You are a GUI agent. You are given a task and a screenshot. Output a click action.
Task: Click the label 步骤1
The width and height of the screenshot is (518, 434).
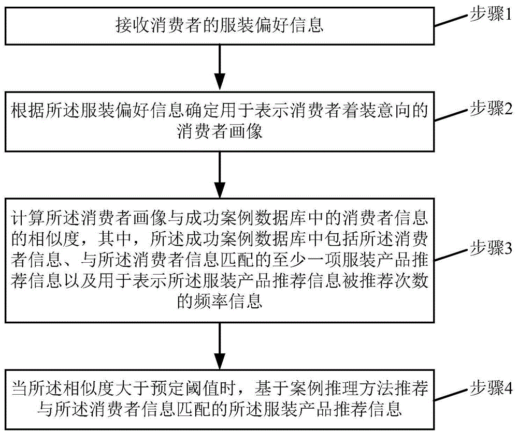tap(491, 14)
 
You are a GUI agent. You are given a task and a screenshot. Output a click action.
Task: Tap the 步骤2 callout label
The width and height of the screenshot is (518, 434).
tap(491, 108)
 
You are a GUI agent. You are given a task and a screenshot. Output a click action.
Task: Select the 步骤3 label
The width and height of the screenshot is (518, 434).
tap(491, 248)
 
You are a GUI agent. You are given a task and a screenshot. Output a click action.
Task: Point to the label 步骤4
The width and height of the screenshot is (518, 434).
tap(491, 388)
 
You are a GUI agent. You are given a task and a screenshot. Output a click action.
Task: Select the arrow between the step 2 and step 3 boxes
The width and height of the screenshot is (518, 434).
tap(220, 174)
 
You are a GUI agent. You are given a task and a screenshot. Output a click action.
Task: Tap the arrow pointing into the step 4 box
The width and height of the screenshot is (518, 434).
tap(220, 346)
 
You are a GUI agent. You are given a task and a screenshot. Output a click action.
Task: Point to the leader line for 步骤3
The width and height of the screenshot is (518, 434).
tap(452, 254)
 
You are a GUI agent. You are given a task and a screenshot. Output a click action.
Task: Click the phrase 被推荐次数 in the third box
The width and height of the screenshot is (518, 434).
tap(384, 281)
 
